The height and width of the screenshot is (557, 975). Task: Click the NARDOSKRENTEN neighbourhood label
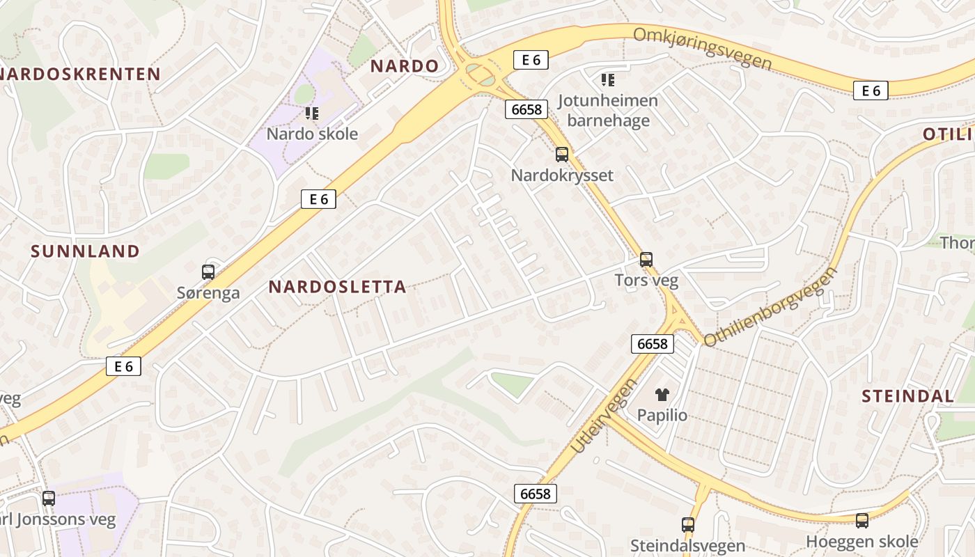click(x=80, y=74)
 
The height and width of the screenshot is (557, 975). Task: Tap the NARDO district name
click(x=405, y=66)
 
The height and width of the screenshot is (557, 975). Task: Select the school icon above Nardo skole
click(x=311, y=113)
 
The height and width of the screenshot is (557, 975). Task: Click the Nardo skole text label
click(x=313, y=134)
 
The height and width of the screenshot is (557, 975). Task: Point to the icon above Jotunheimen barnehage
click(x=609, y=80)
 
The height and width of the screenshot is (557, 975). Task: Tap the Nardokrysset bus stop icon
click(x=562, y=155)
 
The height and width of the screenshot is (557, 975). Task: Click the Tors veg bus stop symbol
click(x=646, y=260)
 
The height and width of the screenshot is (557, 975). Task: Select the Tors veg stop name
click(x=646, y=280)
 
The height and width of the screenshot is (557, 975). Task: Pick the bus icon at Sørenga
click(x=208, y=272)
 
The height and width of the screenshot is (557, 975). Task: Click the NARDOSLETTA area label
click(x=337, y=287)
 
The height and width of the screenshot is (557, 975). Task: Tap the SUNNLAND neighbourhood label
click(x=85, y=251)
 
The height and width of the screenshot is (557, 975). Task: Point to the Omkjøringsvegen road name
click(x=703, y=48)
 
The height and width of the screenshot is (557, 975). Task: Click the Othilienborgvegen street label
click(x=770, y=306)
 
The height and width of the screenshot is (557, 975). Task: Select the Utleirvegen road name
click(x=603, y=416)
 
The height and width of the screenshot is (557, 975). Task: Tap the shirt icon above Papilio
click(x=662, y=395)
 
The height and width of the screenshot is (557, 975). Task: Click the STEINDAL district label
click(x=907, y=396)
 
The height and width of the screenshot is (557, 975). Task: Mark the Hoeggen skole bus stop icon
click(x=862, y=521)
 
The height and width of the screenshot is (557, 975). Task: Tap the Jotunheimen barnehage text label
click(x=608, y=110)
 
